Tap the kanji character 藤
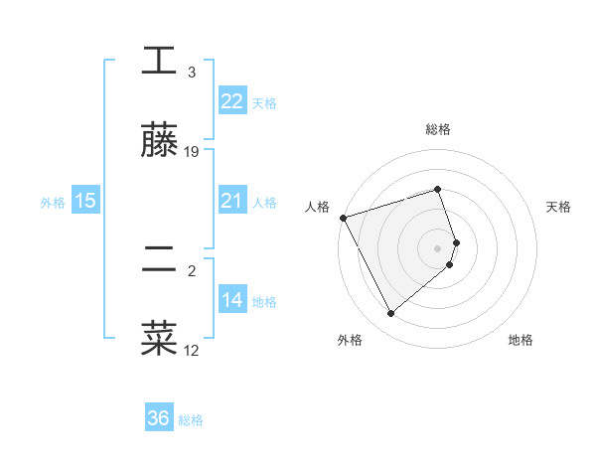[159, 141]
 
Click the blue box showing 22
[231, 100]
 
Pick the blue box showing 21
[231, 201]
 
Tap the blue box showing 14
[231, 300]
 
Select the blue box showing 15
[85, 201]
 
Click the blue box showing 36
[159, 418]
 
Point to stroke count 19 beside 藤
[192, 152]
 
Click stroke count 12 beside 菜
[192, 350]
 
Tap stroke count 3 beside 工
[192, 73]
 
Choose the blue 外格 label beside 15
[53, 202]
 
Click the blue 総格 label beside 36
[191, 419]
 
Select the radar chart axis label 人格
[317, 207]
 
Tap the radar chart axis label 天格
[559, 207]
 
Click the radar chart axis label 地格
[521, 340]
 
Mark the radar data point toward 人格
[343, 217]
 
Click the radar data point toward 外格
[390, 314]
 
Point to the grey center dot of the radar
[438, 247]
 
